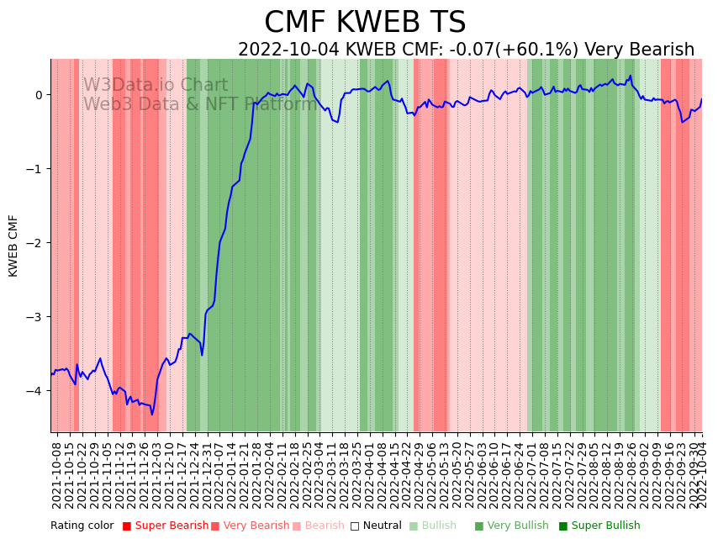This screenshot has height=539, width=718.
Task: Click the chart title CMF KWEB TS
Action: [x=365, y=23]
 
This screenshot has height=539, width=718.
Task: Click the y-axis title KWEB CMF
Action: [x=14, y=246]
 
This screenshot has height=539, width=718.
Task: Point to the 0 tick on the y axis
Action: [x=39, y=95]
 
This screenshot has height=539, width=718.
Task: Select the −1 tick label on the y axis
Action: [x=36, y=169]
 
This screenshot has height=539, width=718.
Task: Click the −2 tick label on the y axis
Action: [x=36, y=243]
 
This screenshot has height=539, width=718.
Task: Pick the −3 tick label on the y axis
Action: [x=36, y=317]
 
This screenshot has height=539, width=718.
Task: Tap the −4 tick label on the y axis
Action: [x=36, y=391]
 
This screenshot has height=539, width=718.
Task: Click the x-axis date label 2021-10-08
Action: [x=57, y=474]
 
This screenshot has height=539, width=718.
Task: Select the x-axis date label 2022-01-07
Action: [x=219, y=474]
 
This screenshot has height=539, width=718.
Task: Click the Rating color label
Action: [x=82, y=526]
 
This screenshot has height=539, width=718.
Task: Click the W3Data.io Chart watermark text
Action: [x=156, y=86]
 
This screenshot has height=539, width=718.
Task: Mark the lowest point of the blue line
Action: [x=152, y=415]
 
